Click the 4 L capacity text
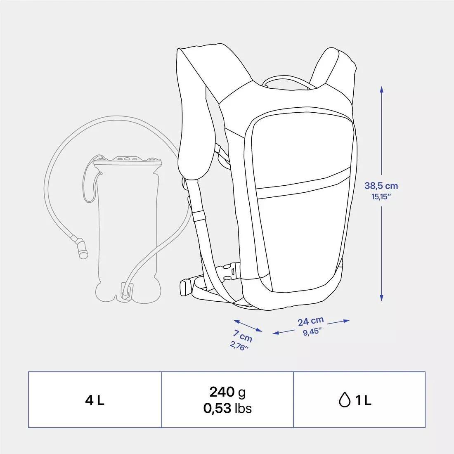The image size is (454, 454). (95, 400)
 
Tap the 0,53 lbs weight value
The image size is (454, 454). (227, 408)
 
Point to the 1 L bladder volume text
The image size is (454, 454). (362, 400)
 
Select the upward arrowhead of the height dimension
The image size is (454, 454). (382, 90)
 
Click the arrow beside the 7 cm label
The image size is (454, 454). (247, 325)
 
